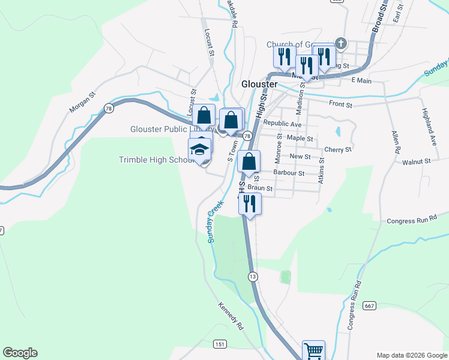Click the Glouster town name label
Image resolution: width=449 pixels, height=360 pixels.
259,84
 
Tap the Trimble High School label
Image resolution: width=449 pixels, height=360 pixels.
154,160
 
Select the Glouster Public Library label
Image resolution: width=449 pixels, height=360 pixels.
166,129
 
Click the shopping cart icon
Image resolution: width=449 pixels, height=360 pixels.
313,350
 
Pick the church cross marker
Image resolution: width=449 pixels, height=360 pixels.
340,43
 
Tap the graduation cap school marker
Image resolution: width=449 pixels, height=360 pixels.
200,149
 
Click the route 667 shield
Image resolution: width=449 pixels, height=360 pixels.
369,306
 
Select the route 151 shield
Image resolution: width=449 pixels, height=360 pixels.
220,344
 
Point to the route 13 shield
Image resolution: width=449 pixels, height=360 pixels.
253,276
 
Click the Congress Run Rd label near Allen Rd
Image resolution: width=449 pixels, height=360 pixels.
412,220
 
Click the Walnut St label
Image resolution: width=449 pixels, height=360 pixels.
417,162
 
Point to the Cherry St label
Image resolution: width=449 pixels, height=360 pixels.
337,149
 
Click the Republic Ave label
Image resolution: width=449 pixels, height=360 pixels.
282,124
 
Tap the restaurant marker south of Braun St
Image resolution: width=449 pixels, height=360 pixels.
249,203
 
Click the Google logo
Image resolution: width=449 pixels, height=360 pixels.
20,353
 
